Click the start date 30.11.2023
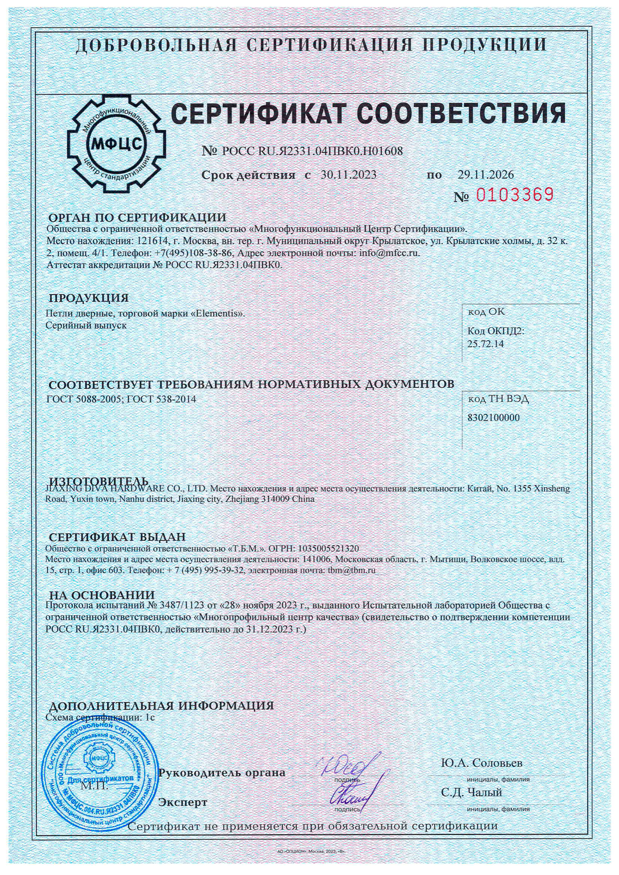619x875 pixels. (348, 175)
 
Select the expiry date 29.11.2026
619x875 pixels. (486, 175)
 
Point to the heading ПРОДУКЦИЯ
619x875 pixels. (89, 298)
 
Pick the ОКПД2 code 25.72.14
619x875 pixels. (486, 344)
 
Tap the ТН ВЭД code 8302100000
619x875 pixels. (493, 418)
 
